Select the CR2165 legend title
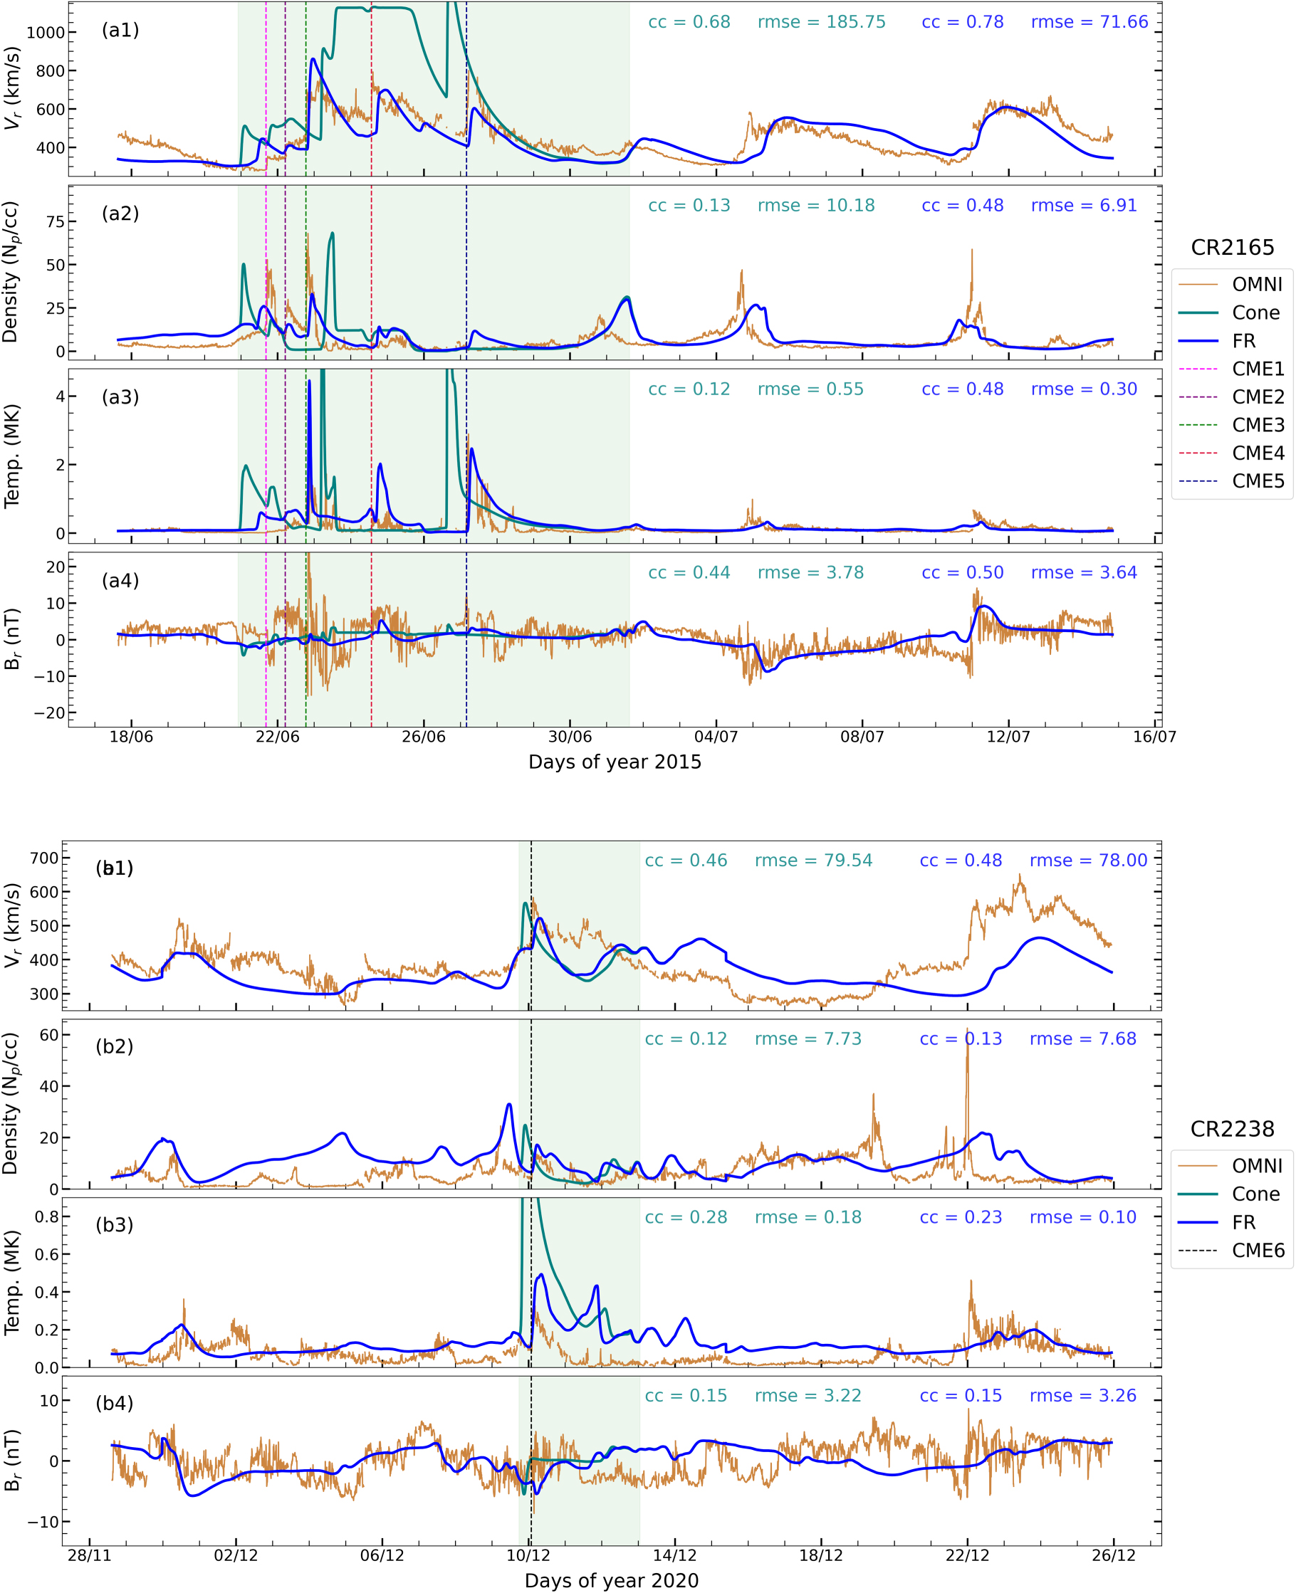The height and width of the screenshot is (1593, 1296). click(x=1232, y=247)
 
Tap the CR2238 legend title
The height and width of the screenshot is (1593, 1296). click(x=1232, y=1129)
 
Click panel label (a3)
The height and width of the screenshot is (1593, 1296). click(x=120, y=397)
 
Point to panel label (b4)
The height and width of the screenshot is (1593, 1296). click(x=114, y=1403)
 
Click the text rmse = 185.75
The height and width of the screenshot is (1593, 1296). click(x=821, y=21)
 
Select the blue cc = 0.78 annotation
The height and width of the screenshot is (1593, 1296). click(x=962, y=21)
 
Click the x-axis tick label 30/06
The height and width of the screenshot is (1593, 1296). click(x=570, y=737)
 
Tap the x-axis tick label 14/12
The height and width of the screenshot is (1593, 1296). click(x=674, y=1556)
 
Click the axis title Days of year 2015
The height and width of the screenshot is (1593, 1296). click(x=615, y=762)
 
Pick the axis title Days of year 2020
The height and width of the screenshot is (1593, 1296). click(x=612, y=1580)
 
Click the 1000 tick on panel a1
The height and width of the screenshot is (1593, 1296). click(x=46, y=32)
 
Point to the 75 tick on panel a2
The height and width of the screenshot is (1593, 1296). click(x=56, y=221)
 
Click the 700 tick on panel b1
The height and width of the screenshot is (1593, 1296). click(x=44, y=858)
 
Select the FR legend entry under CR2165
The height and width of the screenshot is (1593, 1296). click(x=1243, y=341)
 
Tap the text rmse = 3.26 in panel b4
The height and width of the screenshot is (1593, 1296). click(x=1082, y=1395)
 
